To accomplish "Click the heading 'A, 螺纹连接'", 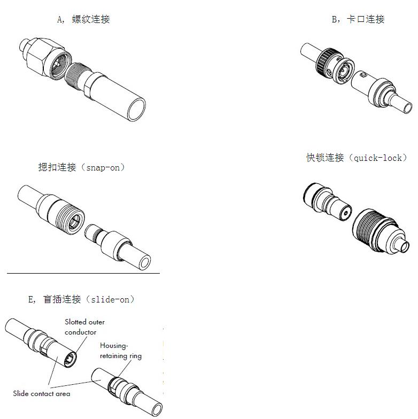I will (x=83, y=20).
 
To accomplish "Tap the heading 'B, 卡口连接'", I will (x=358, y=20).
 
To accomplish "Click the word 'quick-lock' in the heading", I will (x=378, y=158).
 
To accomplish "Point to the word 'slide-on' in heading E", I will (x=110, y=299).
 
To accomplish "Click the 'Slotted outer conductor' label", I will (x=84, y=327).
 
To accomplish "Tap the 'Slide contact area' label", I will (x=42, y=394).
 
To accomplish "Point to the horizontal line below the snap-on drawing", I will (x=83, y=274).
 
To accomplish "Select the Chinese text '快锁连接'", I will (x=325, y=158).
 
